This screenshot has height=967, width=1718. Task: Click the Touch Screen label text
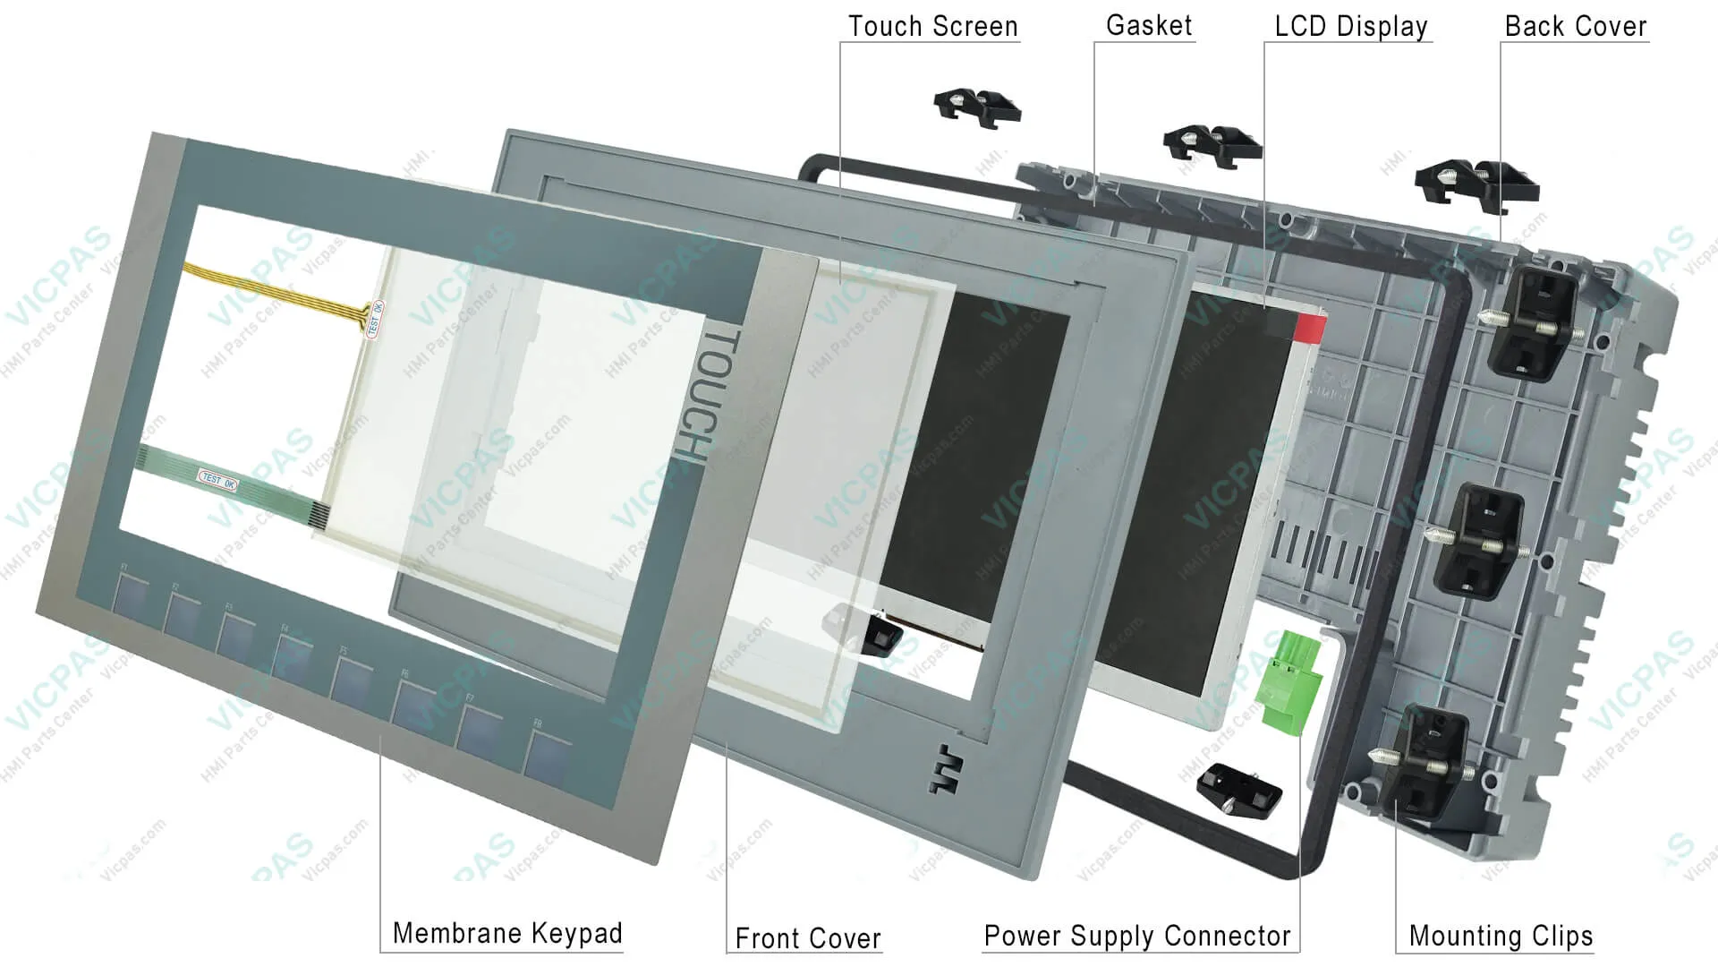(x=932, y=26)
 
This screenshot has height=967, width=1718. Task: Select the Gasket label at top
(x=1149, y=25)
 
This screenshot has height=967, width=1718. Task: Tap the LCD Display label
(x=1350, y=26)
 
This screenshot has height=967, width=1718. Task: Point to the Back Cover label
(x=1575, y=26)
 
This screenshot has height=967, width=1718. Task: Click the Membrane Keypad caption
(x=507, y=933)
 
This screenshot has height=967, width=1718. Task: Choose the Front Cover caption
(x=807, y=937)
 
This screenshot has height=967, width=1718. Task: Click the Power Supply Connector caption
(x=1136, y=936)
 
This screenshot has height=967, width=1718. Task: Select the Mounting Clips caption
(x=1501, y=936)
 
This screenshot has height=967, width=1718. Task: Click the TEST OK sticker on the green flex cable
(x=217, y=480)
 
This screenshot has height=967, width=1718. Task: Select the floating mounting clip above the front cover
(x=976, y=107)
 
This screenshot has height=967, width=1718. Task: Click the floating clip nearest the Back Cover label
(x=1476, y=185)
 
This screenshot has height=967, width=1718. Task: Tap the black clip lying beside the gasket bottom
(x=1238, y=786)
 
